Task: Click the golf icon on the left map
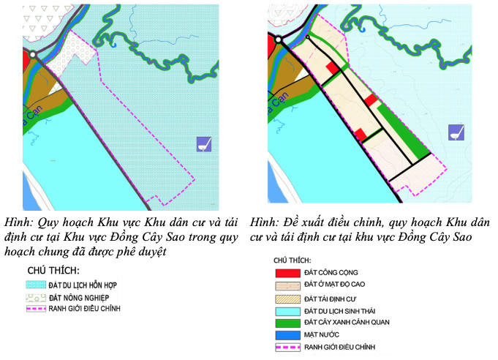pyautogui.click(x=204, y=143)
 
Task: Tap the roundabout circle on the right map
pyautogui.click(x=278, y=40)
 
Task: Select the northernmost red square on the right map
pyautogui.click(x=332, y=67)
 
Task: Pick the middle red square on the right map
pyautogui.click(x=371, y=100)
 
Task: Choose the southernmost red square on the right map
pyautogui.click(x=361, y=134)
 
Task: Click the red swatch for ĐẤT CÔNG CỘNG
pyautogui.click(x=288, y=272)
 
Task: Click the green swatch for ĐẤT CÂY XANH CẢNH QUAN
pyautogui.click(x=288, y=322)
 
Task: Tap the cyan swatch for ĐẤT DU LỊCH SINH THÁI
pyautogui.click(x=288, y=310)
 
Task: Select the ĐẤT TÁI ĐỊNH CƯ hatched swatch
pyautogui.click(x=288, y=297)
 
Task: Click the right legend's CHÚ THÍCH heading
pyautogui.click(x=293, y=260)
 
